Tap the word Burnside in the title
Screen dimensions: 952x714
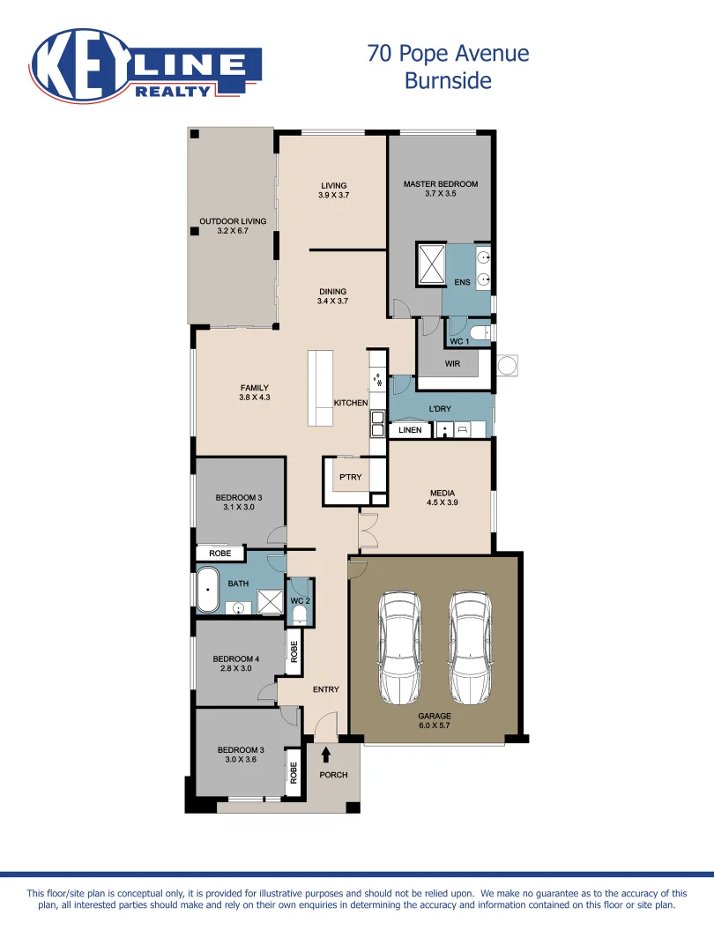tap(447, 81)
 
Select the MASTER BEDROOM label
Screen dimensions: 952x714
tap(440, 184)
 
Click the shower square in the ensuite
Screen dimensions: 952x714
tap(430, 264)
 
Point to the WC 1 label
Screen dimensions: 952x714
tap(459, 341)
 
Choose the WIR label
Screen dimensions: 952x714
tap(452, 363)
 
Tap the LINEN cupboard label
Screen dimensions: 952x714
tap(411, 430)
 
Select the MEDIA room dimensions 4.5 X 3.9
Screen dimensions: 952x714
tap(442, 502)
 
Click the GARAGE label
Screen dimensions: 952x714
tap(435, 716)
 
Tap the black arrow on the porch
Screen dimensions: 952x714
tap(326, 755)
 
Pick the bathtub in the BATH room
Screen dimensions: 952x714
tap(207, 589)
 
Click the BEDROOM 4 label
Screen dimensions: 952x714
tap(235, 658)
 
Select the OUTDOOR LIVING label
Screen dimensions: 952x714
tap(233, 221)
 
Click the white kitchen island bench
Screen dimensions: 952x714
tap(320, 388)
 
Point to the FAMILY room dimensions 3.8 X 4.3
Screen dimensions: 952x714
tap(254, 398)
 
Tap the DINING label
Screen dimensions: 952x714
tap(333, 291)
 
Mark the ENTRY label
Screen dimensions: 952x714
tap(325, 689)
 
